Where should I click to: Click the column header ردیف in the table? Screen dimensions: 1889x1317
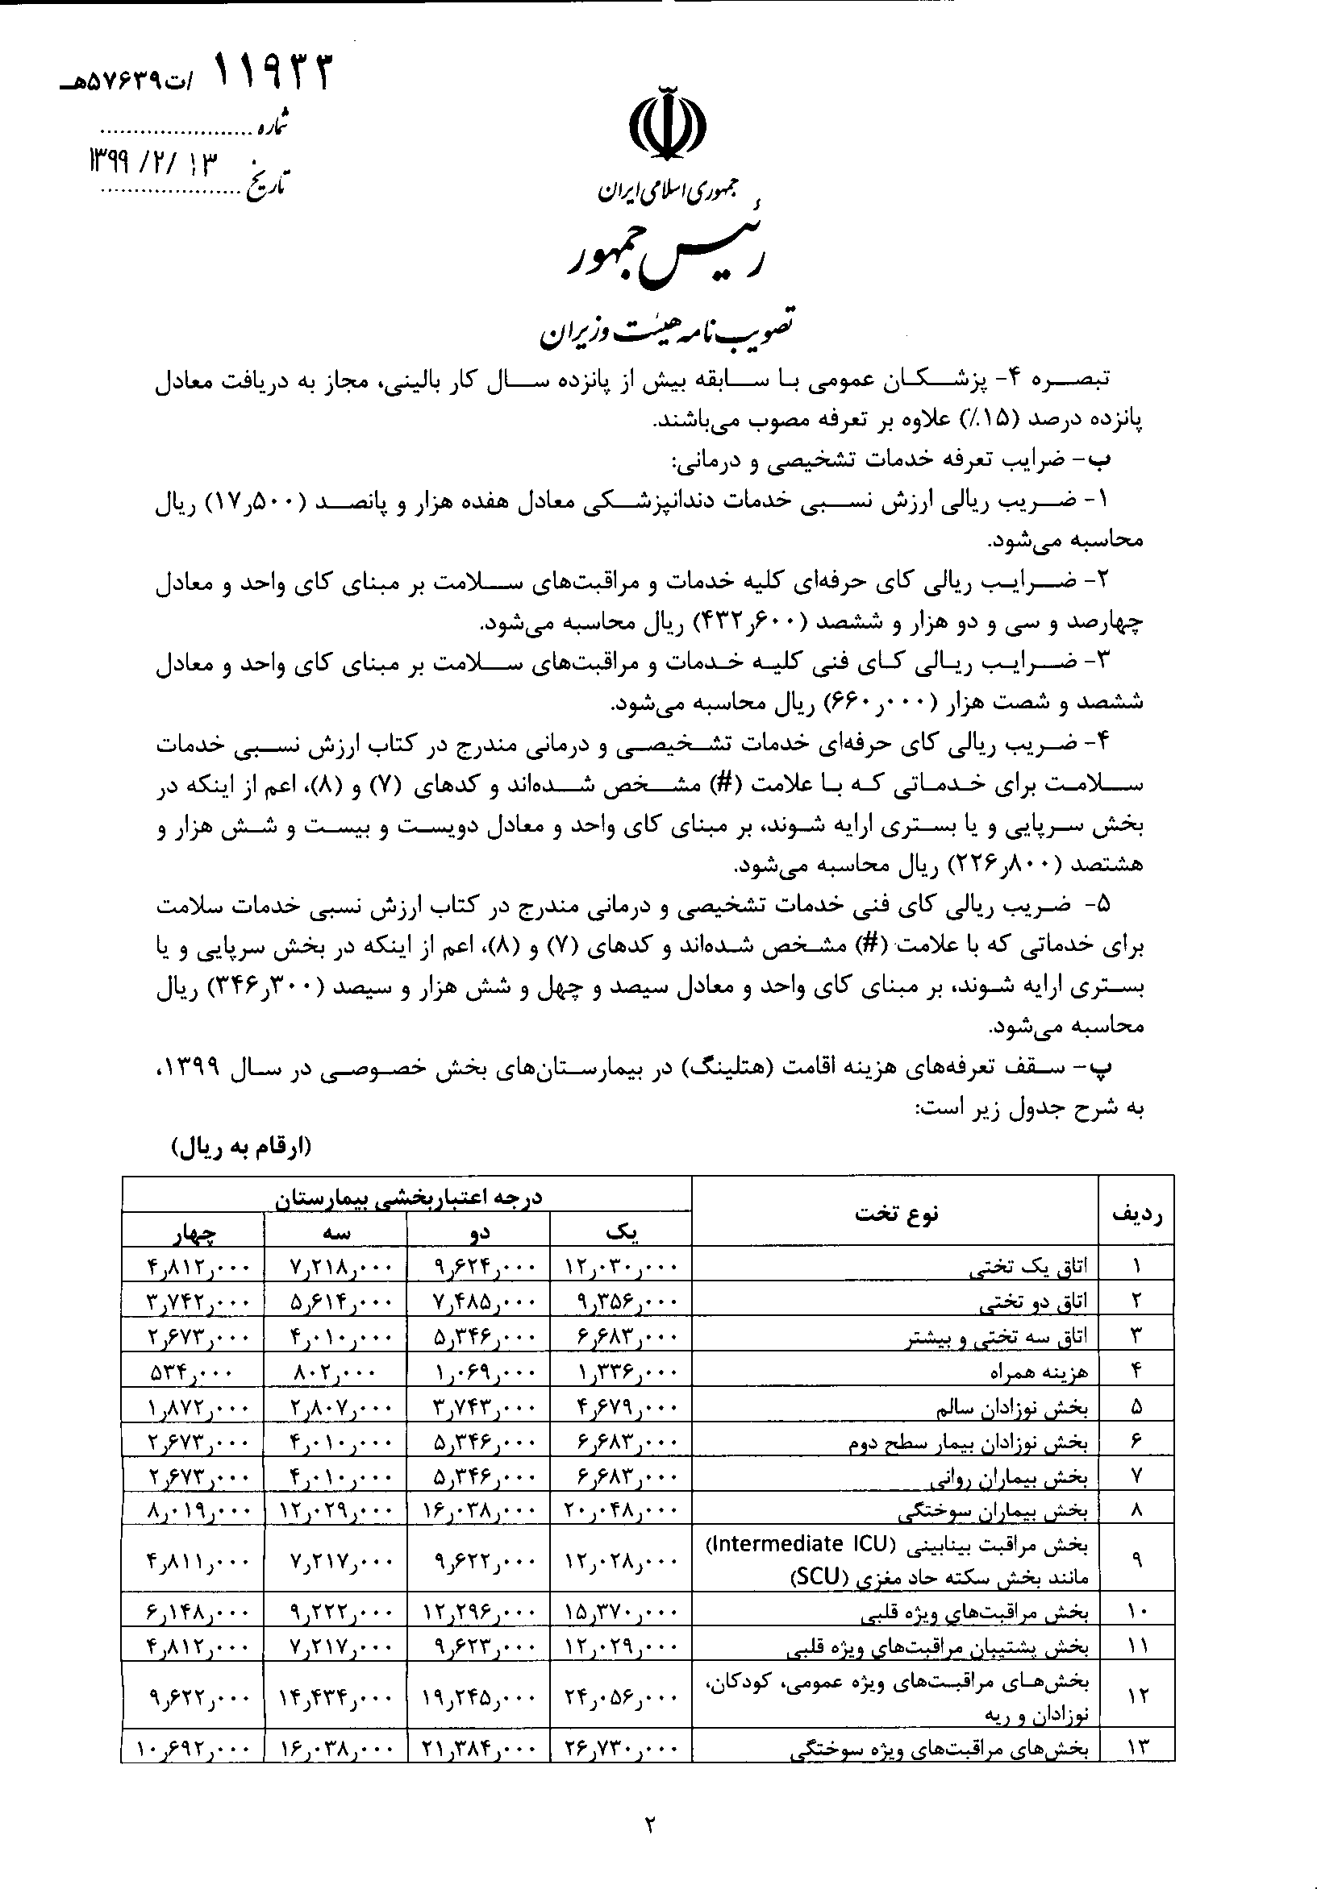(x=1136, y=1213)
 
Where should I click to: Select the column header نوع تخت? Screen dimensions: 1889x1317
(x=896, y=1214)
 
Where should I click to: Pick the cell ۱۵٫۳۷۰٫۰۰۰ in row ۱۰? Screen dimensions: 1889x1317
(x=620, y=1614)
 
